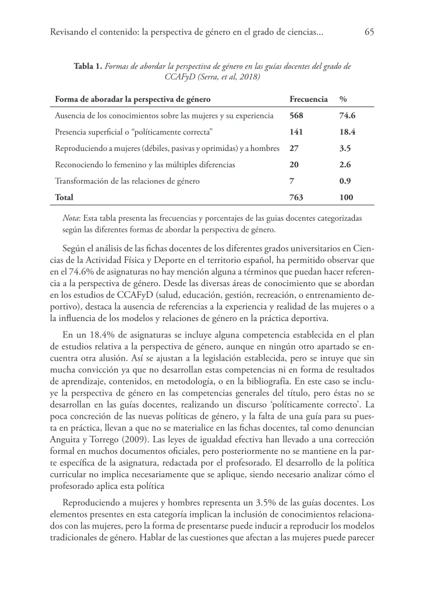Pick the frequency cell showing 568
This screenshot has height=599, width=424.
296,115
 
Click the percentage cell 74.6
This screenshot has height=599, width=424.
348,115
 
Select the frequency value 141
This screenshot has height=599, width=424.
296,132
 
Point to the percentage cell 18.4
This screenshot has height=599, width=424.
347,132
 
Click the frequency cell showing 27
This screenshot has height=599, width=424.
294,148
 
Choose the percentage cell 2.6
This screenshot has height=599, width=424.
345,165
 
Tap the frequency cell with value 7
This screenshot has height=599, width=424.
291,181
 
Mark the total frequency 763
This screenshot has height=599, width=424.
296,198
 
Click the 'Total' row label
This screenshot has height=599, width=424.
63,198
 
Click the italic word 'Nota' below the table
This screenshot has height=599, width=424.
71,217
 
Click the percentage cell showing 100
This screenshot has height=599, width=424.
346,198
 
